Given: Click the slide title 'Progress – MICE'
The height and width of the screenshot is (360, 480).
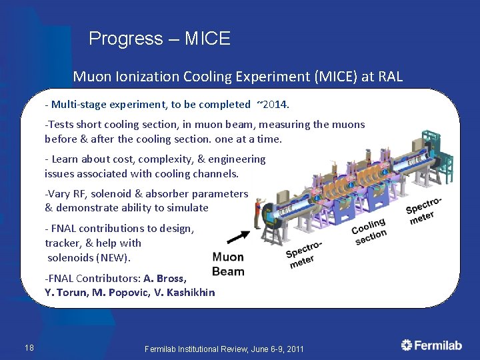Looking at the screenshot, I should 159,39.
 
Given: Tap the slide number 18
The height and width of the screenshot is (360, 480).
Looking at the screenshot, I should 29,347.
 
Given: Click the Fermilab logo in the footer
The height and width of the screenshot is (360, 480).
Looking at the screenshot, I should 431,345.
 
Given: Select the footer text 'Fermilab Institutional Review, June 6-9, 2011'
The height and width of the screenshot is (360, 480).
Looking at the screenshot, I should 224,349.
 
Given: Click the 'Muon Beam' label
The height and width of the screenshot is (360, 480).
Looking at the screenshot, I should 228,264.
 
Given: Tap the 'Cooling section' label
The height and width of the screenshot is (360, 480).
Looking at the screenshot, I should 369,231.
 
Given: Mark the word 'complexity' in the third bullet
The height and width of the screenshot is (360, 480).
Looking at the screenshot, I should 164,159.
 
